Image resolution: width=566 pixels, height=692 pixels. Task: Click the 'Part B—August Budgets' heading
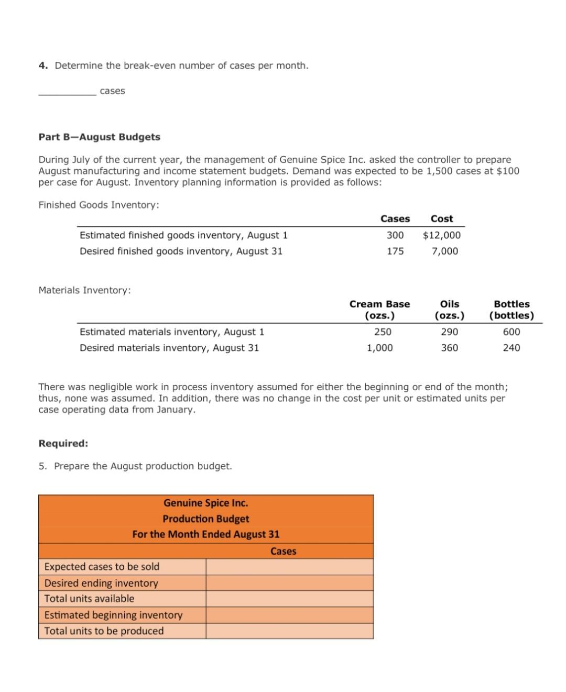pyautogui.click(x=100, y=137)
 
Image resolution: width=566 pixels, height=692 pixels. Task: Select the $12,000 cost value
pyautogui.click(x=442, y=235)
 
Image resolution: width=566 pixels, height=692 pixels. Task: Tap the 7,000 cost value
pyautogui.click(x=445, y=251)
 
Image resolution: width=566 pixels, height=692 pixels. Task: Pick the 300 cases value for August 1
pyautogui.click(x=395, y=235)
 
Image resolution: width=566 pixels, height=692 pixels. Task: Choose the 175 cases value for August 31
pyautogui.click(x=395, y=251)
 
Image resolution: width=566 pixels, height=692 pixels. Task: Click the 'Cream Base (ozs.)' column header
pyautogui.click(x=379, y=310)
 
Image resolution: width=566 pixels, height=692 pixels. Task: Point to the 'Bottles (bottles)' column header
pyautogui.click(x=511, y=310)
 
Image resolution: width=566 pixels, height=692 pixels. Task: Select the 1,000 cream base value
pyautogui.click(x=379, y=348)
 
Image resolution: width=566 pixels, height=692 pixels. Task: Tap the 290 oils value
pyautogui.click(x=449, y=332)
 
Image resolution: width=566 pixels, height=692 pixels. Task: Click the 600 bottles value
pyautogui.click(x=511, y=332)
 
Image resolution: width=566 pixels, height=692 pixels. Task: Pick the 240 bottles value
pyautogui.click(x=511, y=348)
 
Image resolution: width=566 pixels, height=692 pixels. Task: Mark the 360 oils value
pyautogui.click(x=449, y=348)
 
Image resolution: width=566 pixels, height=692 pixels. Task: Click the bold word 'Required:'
pyautogui.click(x=63, y=443)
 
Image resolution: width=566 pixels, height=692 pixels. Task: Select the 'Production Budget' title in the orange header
pyautogui.click(x=206, y=519)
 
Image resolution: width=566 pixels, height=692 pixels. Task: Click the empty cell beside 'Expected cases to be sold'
pyautogui.click(x=289, y=567)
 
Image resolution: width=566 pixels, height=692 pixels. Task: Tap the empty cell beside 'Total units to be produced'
pyautogui.click(x=289, y=631)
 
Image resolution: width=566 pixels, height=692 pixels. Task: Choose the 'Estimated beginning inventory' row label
pyautogui.click(x=113, y=615)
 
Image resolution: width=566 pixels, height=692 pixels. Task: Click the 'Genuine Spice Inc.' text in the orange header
pyautogui.click(x=206, y=503)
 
